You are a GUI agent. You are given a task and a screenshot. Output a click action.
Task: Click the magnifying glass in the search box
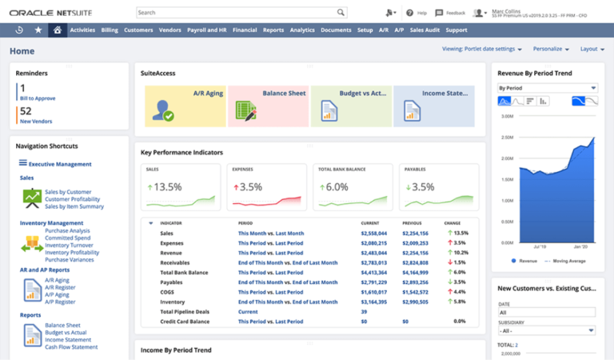(x=341, y=13)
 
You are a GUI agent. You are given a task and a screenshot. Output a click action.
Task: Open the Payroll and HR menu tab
(x=206, y=30)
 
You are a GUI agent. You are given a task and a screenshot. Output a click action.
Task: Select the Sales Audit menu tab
(x=424, y=30)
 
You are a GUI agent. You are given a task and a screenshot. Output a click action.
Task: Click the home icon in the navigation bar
(x=57, y=30)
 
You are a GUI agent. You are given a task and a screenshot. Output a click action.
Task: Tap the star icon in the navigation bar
(x=38, y=30)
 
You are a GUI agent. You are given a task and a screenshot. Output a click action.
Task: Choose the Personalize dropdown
(x=551, y=49)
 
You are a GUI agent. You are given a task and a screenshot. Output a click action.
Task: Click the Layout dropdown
(x=592, y=49)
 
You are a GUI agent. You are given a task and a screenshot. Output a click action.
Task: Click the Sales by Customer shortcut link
(x=68, y=192)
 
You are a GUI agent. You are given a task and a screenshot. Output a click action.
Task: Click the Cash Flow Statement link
(x=71, y=347)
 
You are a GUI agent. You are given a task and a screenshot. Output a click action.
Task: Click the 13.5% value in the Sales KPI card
(x=166, y=187)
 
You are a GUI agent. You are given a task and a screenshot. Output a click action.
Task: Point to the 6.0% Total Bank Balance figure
(x=336, y=187)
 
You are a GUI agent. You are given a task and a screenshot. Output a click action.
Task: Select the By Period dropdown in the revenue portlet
(x=547, y=88)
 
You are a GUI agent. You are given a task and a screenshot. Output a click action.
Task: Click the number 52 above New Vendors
(x=26, y=111)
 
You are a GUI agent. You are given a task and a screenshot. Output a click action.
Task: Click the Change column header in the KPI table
(x=453, y=222)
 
